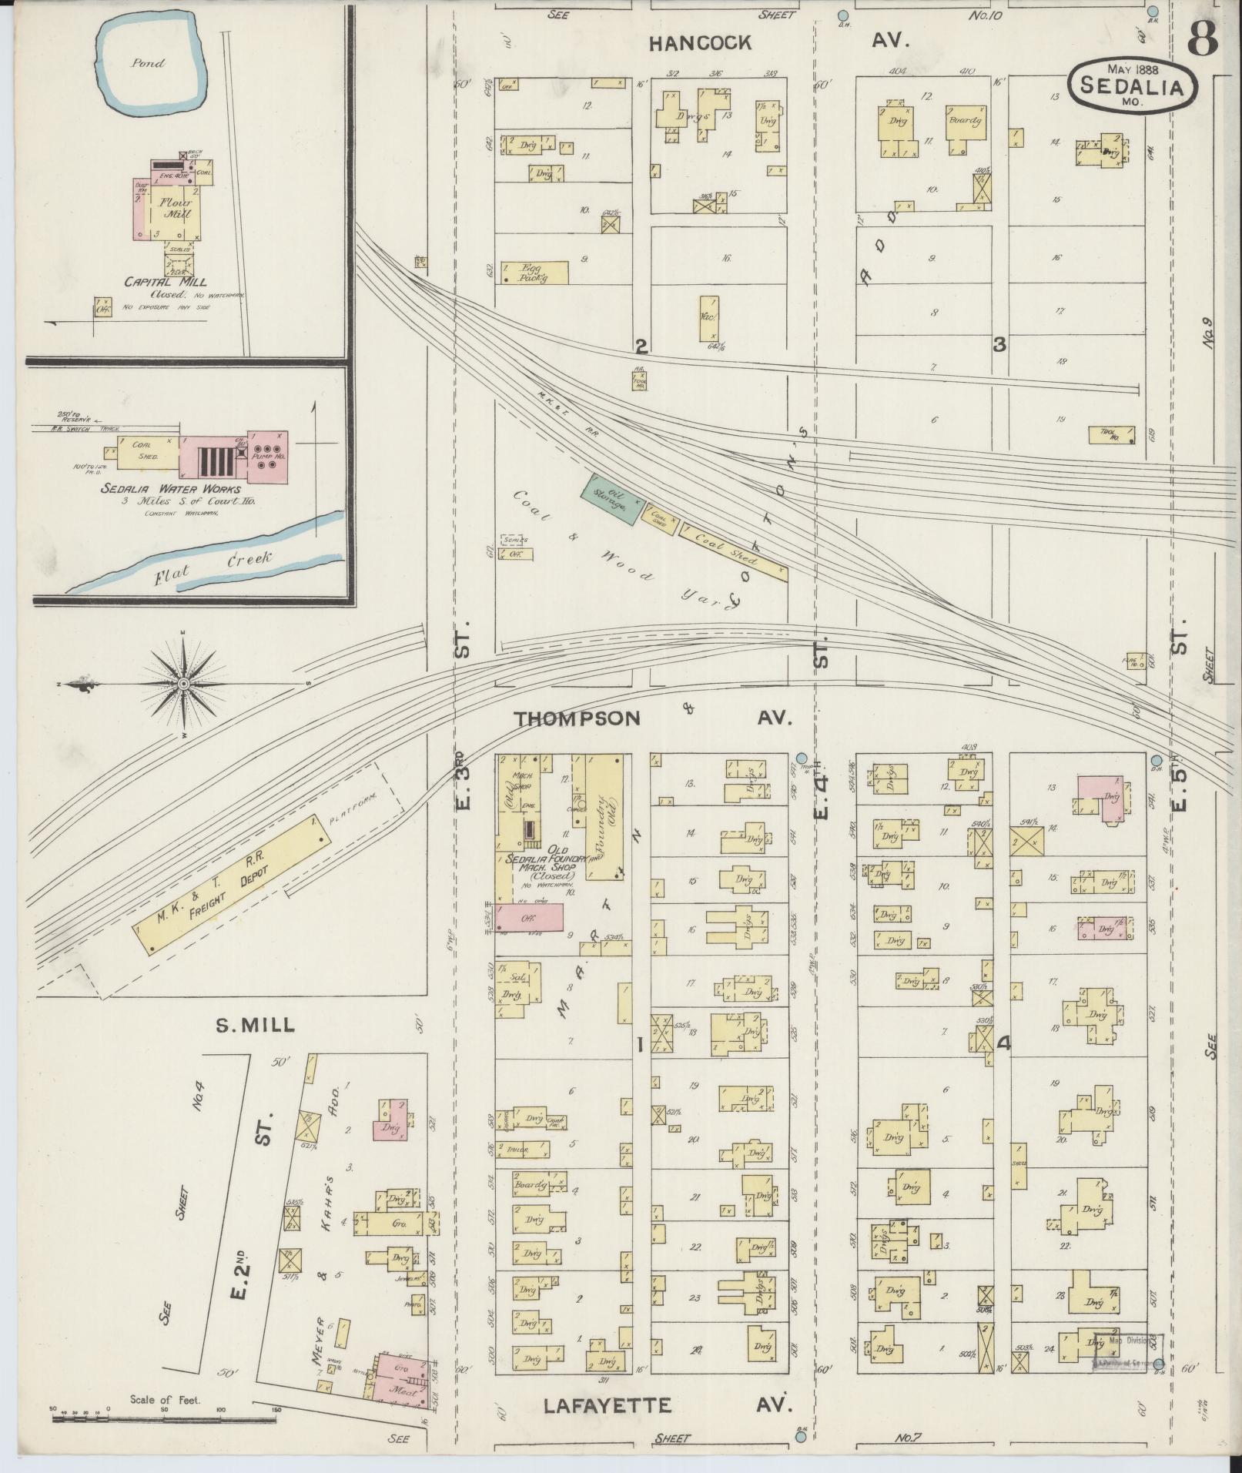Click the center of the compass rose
pos(184,684)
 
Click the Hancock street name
pos(699,43)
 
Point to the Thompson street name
pos(577,718)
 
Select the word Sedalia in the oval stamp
pos(1131,86)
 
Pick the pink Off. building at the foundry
pos(529,916)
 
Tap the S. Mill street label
pos(256,1024)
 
